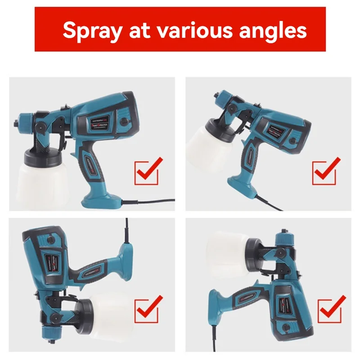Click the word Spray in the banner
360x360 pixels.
pos(92,30)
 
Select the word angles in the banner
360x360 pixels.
pos(270,30)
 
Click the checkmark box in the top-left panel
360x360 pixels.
pos(147,171)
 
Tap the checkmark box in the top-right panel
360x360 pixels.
pos(325,171)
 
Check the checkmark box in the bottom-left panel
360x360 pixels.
pos(147,309)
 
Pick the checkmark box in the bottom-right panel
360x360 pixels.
pos(330,309)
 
